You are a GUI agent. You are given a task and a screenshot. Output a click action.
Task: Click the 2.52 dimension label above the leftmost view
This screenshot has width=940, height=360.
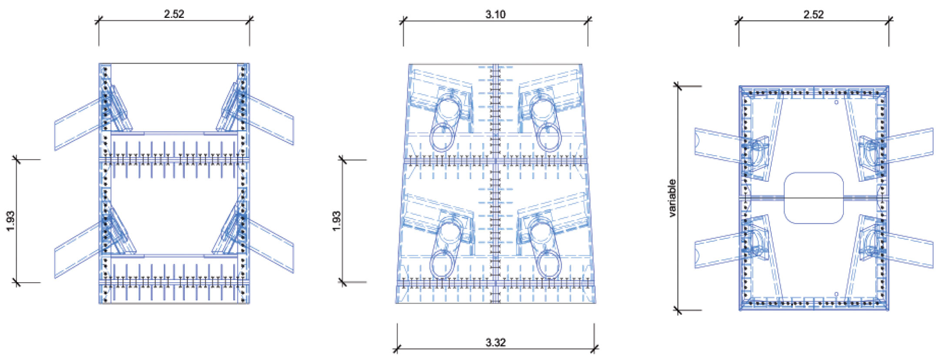(174, 14)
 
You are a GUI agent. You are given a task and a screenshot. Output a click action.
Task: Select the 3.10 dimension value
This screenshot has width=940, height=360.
(495, 14)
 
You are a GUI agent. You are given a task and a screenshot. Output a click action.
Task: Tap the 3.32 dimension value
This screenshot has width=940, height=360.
(495, 343)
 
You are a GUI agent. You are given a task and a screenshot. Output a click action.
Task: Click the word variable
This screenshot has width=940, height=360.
(672, 198)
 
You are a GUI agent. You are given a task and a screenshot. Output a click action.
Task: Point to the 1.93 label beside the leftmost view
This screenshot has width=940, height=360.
(11, 221)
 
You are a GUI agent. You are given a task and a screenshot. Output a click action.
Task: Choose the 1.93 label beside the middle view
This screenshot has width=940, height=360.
(337, 221)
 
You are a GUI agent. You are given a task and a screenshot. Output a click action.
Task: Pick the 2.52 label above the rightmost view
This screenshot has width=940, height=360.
(813, 14)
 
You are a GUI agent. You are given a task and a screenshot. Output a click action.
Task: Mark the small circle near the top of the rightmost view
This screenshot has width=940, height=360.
(836, 103)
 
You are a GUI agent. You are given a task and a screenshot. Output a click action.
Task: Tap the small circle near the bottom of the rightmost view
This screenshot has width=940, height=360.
(836, 294)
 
